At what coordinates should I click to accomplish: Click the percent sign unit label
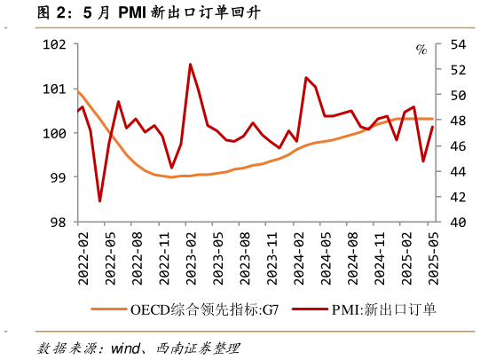coord(421,50)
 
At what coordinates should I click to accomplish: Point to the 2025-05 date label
coord(434,257)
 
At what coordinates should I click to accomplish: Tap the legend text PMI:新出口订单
coord(384,310)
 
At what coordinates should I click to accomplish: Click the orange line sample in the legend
coord(109,310)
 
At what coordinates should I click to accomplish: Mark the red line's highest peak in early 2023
coord(190,64)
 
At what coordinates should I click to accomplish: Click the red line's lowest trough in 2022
coord(99,201)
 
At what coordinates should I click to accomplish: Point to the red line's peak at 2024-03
coord(306,78)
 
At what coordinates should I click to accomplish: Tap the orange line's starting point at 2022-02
coord(79,91)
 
